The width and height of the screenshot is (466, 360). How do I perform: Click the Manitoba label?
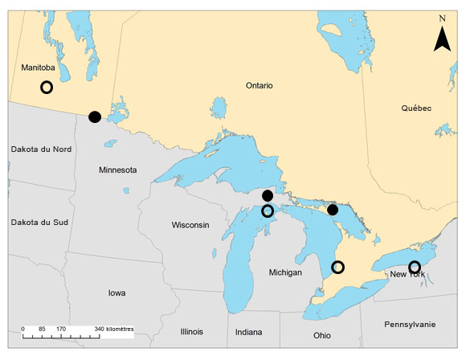click(38, 68)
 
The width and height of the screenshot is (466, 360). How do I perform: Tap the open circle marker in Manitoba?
click(47, 87)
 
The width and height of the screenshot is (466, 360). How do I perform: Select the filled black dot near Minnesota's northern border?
click(95, 117)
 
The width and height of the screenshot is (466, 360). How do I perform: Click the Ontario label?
click(260, 85)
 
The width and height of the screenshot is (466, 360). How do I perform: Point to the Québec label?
click(416, 108)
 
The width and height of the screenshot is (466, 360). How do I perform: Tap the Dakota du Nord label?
click(41, 149)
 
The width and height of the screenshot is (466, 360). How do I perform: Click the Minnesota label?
click(117, 170)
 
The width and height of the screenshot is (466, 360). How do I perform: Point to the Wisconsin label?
click(190, 225)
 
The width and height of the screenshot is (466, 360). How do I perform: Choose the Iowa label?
click(117, 292)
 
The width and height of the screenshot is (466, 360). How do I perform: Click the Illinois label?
click(192, 331)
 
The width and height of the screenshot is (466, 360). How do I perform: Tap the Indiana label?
click(248, 332)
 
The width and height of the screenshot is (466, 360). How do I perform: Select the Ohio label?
click(321, 335)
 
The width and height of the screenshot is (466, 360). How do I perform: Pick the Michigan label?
click(285, 273)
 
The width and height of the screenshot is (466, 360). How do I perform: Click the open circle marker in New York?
click(415, 267)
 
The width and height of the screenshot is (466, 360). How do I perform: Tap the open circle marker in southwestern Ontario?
click(337, 267)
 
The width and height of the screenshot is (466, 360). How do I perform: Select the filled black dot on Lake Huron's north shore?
click(333, 210)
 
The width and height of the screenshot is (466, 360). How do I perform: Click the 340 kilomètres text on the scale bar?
click(114, 329)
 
